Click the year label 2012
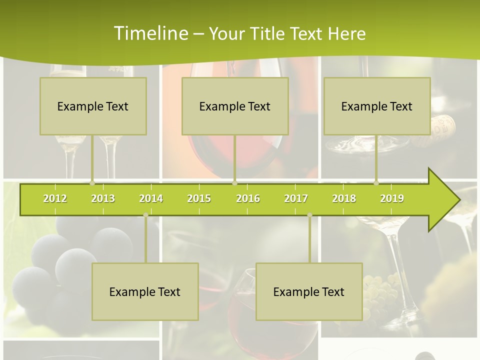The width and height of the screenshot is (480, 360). click(55, 198)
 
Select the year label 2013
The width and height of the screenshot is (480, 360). click(103, 198)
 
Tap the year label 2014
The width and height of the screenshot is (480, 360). click(151, 198)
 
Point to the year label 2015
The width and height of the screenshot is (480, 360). click(199, 198)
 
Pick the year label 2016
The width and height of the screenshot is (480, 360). click(248, 198)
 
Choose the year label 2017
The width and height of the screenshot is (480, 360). click(296, 198)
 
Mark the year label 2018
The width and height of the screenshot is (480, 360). click(344, 198)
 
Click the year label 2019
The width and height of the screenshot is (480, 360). click(392, 198)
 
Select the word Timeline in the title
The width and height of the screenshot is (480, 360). click(150, 33)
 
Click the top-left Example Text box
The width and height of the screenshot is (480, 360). click(93, 106)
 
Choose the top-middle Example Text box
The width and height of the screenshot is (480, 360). click(235, 106)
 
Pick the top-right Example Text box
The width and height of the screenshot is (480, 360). click(377, 106)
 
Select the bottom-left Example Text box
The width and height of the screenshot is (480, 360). click(145, 291)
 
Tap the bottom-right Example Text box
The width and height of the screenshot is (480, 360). click(309, 291)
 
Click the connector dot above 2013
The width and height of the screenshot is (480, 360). click(92, 183)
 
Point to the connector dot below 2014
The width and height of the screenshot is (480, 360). click(145, 215)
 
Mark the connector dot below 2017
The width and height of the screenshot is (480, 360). click(309, 215)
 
